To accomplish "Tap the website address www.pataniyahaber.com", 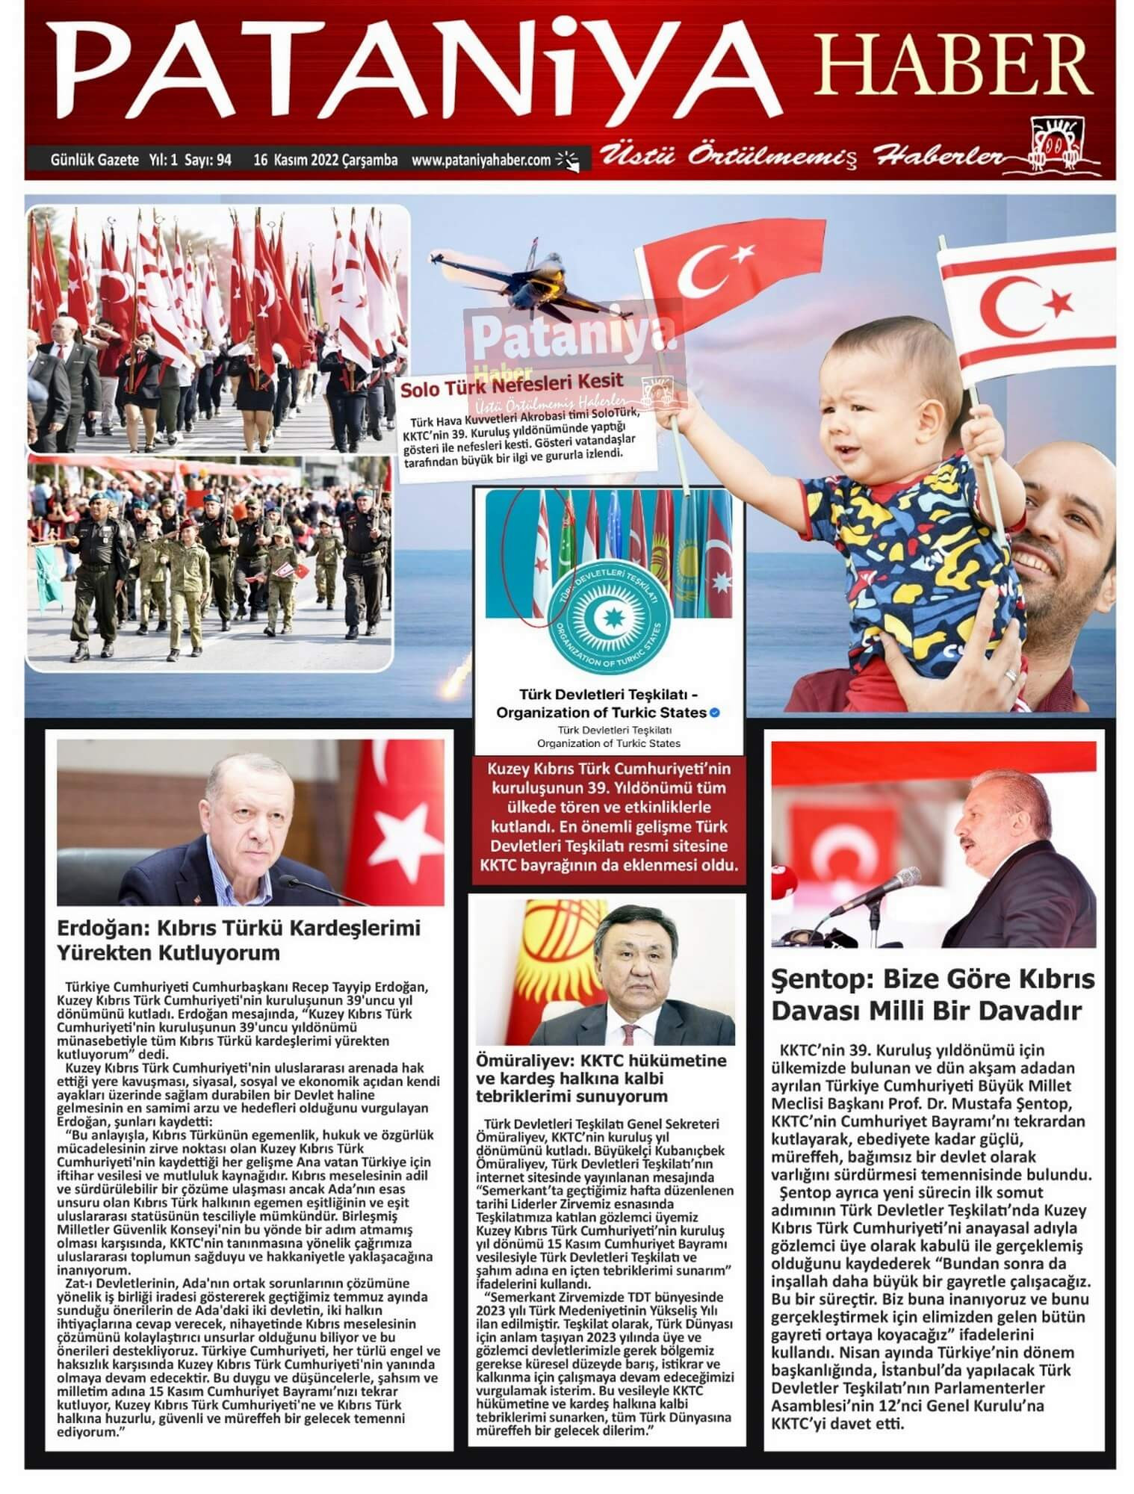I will pyautogui.click(x=481, y=160).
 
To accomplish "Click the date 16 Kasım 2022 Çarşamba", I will pyautogui.click(x=326, y=160).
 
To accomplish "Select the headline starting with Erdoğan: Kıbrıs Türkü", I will pyautogui.click(x=239, y=940).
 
